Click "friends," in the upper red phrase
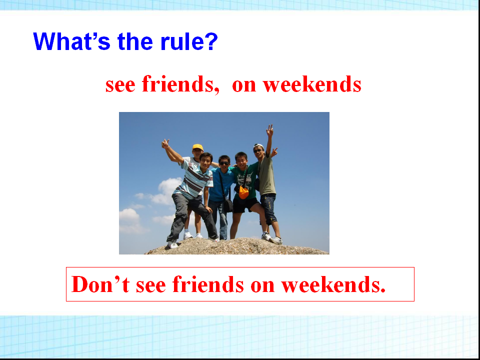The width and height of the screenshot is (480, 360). coord(181,84)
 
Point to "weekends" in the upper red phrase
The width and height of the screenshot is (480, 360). coord(312,84)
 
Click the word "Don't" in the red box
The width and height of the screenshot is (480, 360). coord(100,284)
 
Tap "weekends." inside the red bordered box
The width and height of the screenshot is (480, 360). coord(333,284)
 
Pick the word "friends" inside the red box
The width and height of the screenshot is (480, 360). coord(208,284)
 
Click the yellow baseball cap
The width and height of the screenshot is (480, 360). coord(198,147)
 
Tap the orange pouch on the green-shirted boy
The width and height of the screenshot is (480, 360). coord(243,192)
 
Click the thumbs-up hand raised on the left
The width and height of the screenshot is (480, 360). coord(165,143)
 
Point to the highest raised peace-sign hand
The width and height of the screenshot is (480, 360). coord(269,130)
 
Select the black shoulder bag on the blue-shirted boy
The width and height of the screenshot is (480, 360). coord(228,205)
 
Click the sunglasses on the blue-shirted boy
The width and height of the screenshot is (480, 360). coord(224,163)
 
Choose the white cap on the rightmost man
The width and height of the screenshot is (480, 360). coord(258,146)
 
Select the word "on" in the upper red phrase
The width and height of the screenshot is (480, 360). coord(244,85)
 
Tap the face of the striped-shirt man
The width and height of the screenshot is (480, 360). coord(205,162)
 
